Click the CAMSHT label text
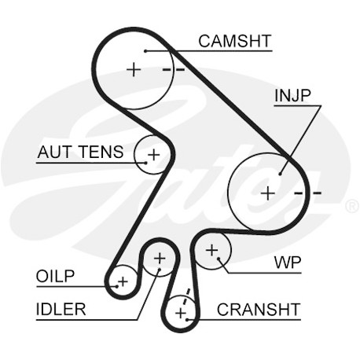(234, 41)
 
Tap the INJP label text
(292, 96)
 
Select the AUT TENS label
(80, 152)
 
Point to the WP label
(288, 263)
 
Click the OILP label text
(55, 276)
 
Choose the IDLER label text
(61, 309)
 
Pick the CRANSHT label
(259, 310)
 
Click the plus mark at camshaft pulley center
(134, 70)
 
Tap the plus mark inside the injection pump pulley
(268, 193)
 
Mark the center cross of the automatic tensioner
(154, 155)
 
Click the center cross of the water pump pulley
(211, 251)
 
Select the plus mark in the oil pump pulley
(123, 282)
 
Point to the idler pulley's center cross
(160, 259)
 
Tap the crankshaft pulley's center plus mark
(181, 313)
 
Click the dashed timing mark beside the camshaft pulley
(174, 70)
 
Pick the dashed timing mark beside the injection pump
(308, 193)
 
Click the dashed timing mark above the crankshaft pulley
(186, 296)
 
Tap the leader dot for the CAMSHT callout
(145, 51)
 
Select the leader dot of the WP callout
(219, 259)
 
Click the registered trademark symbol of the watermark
(352, 206)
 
